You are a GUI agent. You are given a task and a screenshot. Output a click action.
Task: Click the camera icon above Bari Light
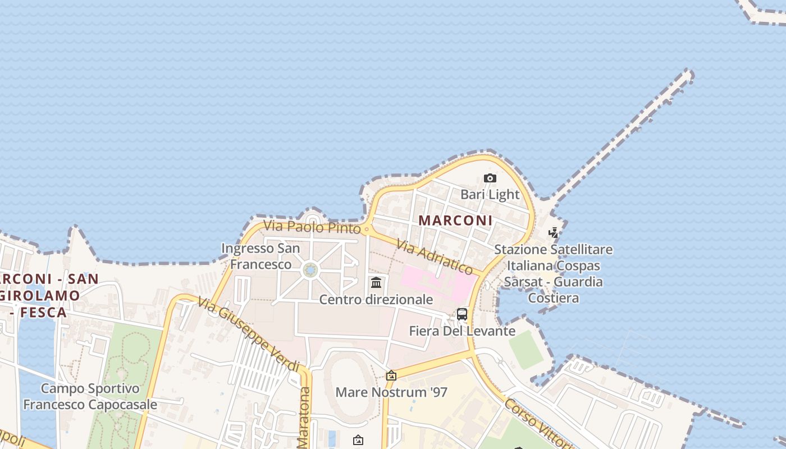490,178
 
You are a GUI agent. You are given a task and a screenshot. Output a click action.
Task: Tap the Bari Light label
490,195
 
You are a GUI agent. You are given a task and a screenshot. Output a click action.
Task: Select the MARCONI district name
455,221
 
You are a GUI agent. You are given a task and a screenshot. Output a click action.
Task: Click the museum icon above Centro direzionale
376,282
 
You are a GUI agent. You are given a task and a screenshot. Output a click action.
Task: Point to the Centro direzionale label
376,300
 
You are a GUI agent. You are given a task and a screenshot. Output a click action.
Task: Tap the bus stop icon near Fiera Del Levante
462,314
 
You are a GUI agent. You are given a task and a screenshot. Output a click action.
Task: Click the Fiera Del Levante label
462,331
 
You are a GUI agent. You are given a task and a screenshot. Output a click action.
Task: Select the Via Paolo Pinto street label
312,227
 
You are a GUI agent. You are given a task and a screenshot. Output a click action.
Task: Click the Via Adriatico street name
434,256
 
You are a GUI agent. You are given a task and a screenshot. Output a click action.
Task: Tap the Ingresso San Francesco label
261,256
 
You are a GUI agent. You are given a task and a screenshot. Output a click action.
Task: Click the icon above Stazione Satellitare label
554,232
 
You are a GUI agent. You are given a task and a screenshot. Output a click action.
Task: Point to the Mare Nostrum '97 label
391,392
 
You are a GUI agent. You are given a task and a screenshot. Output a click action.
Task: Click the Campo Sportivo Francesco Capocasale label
90,396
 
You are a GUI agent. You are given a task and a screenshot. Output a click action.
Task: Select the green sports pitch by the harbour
526,349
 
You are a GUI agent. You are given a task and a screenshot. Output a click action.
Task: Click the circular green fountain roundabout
310,271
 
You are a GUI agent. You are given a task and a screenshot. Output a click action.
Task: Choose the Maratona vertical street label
304,418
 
